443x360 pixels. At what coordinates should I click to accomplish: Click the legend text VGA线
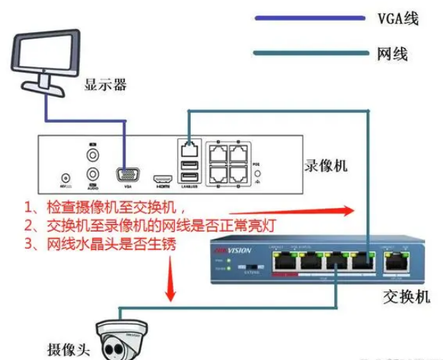click(397, 19)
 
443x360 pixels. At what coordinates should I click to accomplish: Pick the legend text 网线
click(392, 53)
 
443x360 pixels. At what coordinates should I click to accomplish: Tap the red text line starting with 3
click(100, 245)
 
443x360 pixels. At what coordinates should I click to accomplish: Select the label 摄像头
click(69, 349)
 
